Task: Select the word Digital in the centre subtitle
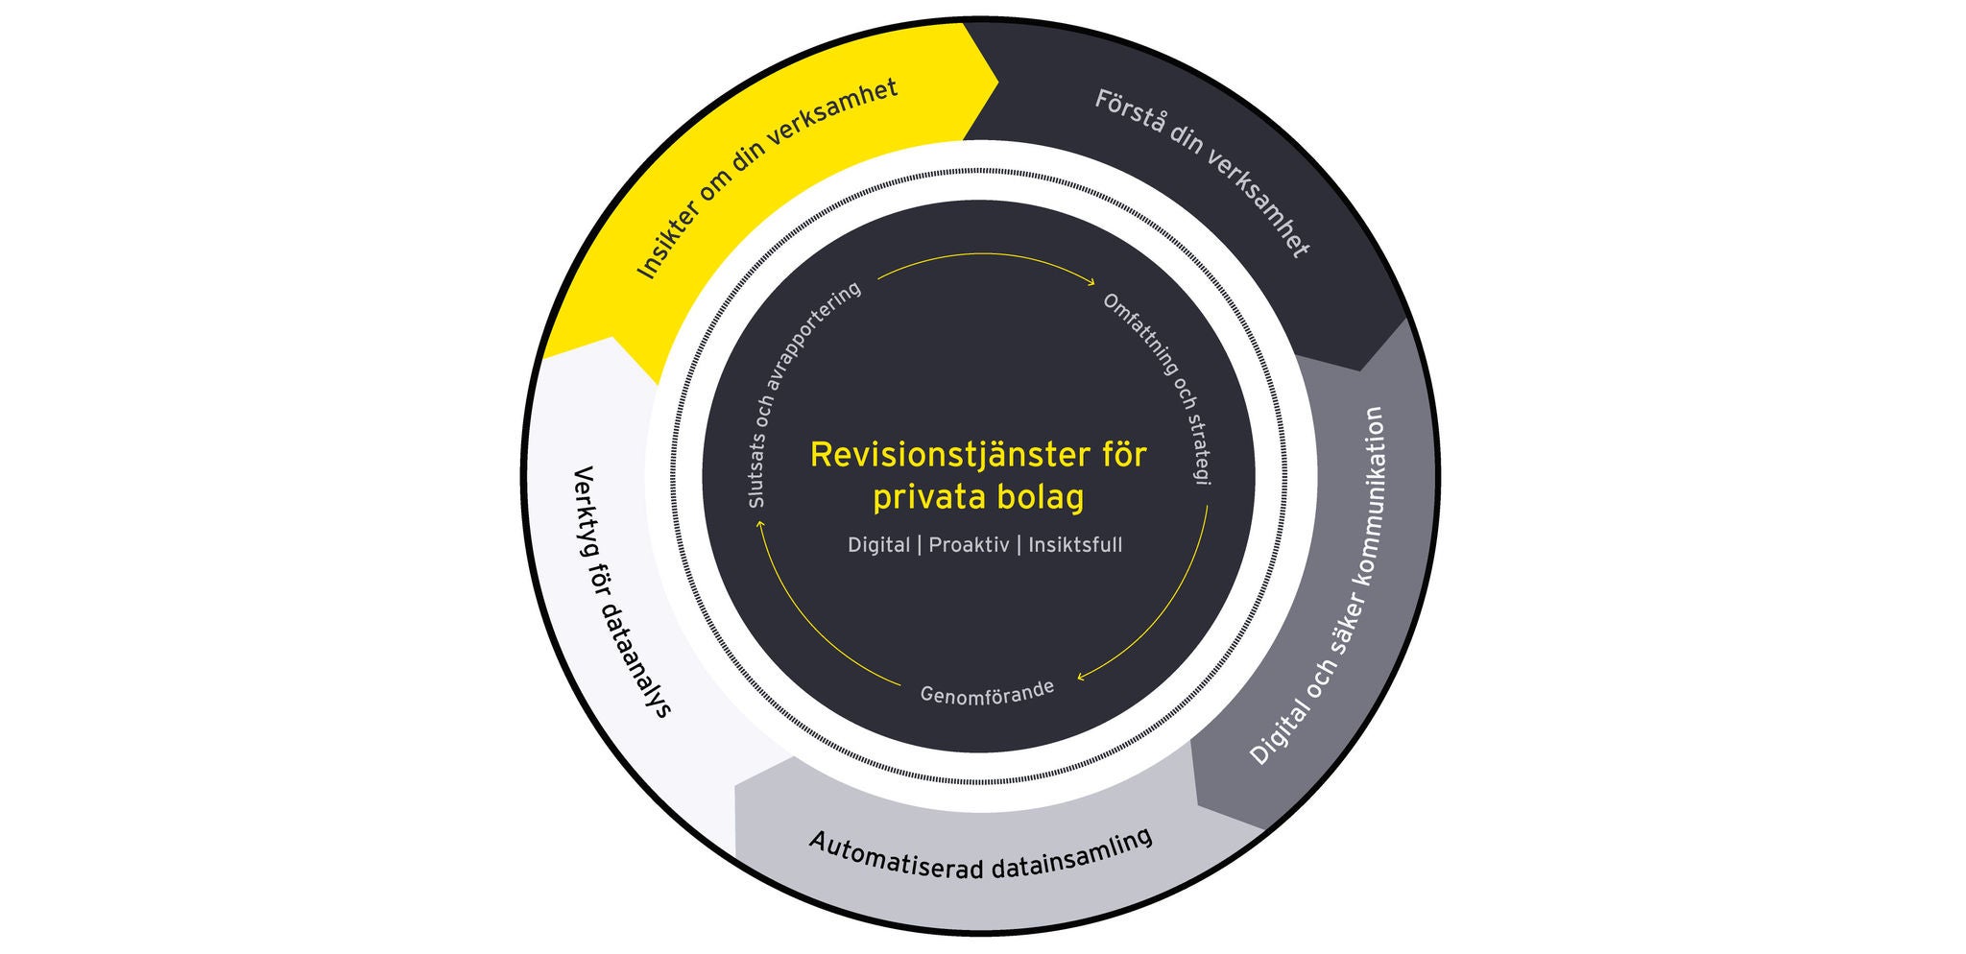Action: (878, 545)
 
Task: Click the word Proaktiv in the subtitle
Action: (969, 545)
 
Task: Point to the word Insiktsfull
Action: (1075, 545)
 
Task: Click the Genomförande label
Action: (987, 692)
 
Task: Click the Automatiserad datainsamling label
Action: (980, 854)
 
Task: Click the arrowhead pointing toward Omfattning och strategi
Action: (1091, 282)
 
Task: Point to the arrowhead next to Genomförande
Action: (1081, 677)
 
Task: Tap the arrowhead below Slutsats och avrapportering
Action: (760, 525)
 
